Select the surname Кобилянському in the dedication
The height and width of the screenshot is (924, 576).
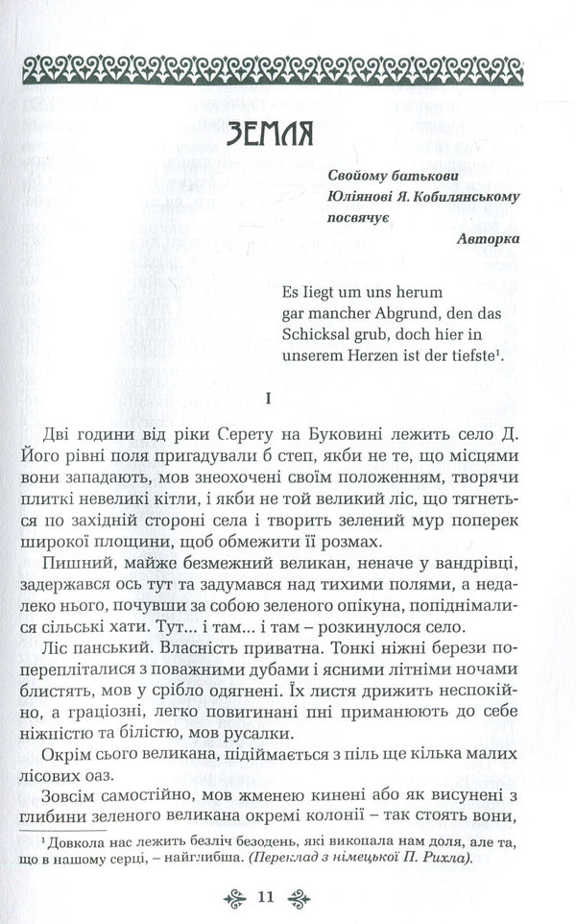(457, 197)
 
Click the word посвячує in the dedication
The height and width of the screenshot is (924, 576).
(360, 219)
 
